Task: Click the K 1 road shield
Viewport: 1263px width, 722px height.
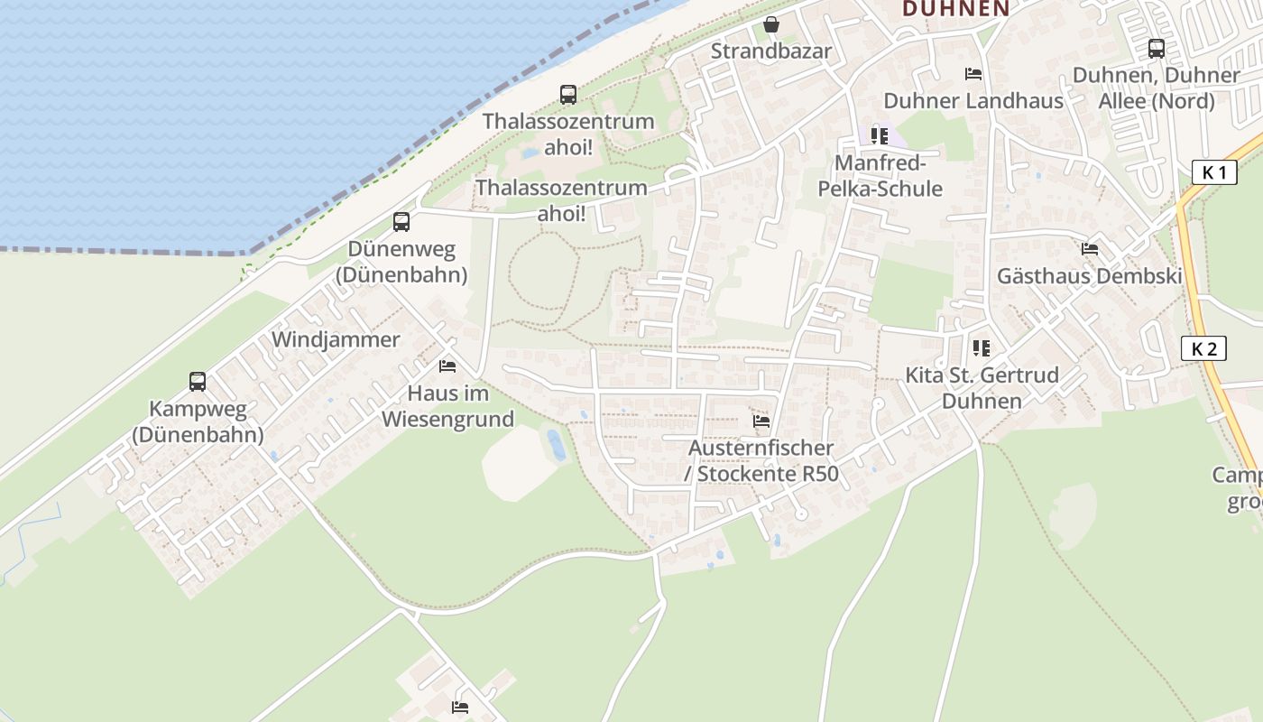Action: tap(1213, 171)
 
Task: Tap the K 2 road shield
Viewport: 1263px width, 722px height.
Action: tap(1203, 348)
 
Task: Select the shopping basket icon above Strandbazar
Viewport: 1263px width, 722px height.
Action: tap(770, 24)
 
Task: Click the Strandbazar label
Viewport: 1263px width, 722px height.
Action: tap(770, 51)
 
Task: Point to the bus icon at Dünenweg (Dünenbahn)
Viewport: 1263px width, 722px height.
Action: tap(401, 221)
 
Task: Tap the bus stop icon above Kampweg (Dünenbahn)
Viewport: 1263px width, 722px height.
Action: tap(198, 381)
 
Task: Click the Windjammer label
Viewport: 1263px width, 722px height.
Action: tap(336, 339)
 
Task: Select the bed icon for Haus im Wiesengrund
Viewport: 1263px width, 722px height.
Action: tap(447, 366)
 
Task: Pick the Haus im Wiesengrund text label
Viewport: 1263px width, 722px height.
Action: tap(447, 406)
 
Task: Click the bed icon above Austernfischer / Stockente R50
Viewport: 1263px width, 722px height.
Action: tap(761, 421)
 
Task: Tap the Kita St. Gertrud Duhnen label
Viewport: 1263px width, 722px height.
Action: tap(982, 387)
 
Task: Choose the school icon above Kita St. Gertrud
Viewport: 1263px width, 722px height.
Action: tap(982, 347)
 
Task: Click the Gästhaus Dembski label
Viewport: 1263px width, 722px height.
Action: tap(1089, 276)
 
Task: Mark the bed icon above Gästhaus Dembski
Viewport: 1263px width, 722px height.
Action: tap(1090, 249)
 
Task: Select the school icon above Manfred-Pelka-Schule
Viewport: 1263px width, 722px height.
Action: tap(879, 136)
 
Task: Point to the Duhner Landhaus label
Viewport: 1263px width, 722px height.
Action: tap(973, 100)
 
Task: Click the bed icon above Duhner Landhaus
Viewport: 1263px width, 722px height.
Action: tap(973, 74)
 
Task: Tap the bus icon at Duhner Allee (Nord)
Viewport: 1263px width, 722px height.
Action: tap(1156, 48)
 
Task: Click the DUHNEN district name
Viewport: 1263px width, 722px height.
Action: tap(955, 8)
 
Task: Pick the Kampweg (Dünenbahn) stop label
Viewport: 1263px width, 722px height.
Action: tap(198, 421)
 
